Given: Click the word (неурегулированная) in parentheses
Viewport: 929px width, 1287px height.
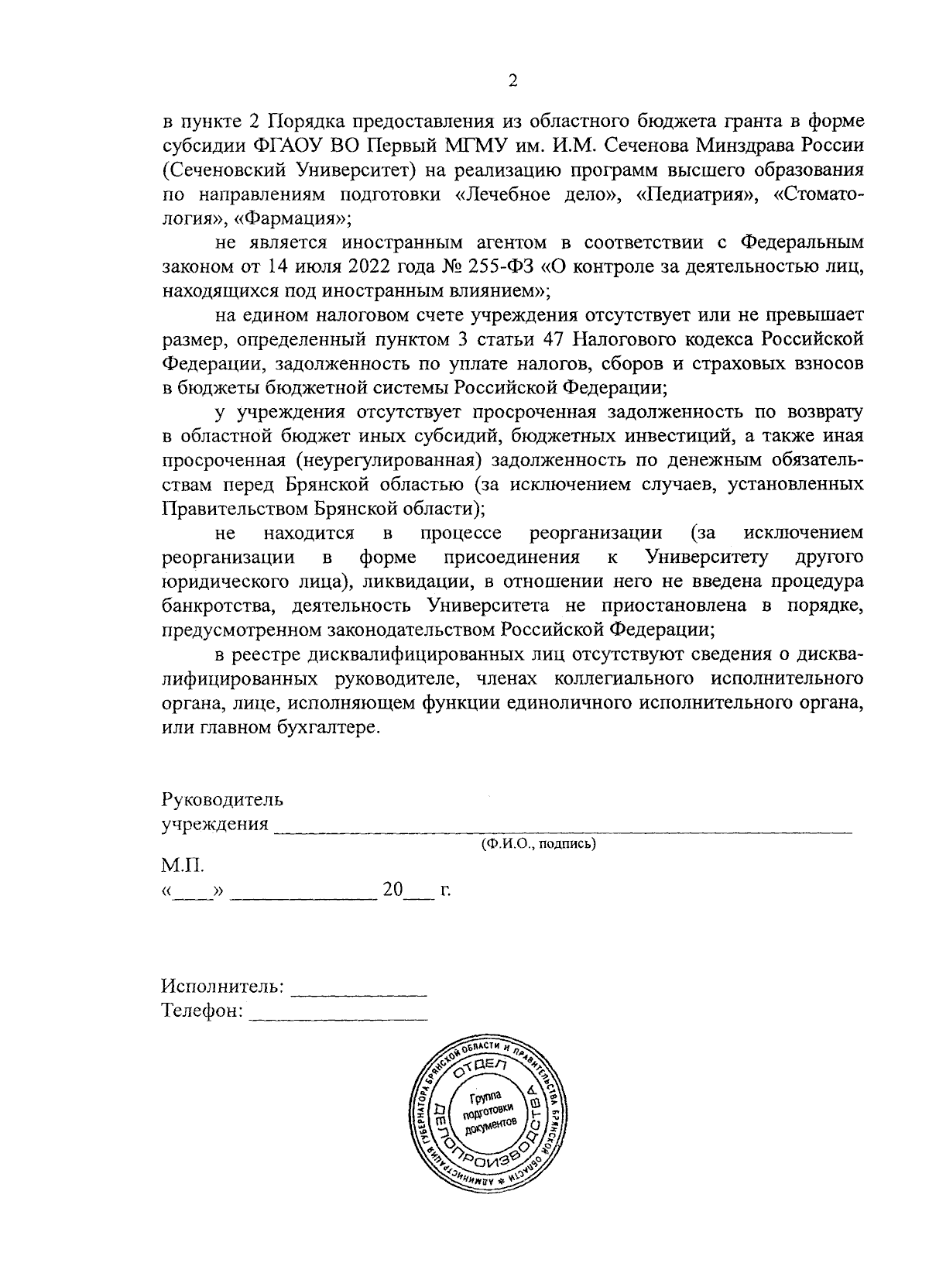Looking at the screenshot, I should point(395,460).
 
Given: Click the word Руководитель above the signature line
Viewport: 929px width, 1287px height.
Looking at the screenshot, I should point(222,799).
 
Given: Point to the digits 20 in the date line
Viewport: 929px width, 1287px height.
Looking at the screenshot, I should point(392,891).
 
